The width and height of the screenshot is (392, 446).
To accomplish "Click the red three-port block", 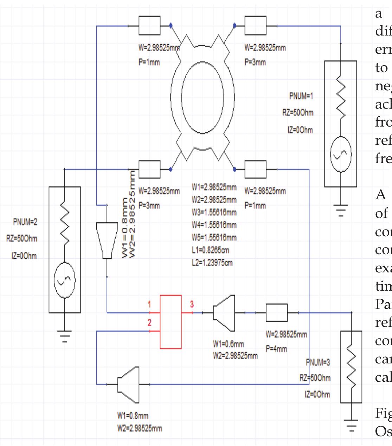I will point(171,322).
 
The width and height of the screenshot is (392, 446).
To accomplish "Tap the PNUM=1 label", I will point(301,96).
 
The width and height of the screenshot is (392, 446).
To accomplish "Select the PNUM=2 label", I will point(25,222).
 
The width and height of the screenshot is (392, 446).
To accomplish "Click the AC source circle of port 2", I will point(64,280).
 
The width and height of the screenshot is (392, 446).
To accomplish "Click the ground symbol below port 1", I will point(340,209).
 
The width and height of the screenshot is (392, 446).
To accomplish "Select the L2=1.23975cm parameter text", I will point(212,263).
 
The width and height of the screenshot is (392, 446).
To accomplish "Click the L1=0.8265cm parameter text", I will point(211,250).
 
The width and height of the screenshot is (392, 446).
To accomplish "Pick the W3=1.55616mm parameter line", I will point(214,212).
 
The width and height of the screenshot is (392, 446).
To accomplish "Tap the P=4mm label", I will point(276,349).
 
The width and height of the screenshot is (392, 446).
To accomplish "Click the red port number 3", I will point(192,304).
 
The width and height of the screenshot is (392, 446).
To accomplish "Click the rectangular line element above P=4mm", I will point(277,312).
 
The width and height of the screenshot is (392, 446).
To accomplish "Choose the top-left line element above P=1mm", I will point(149,25).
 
